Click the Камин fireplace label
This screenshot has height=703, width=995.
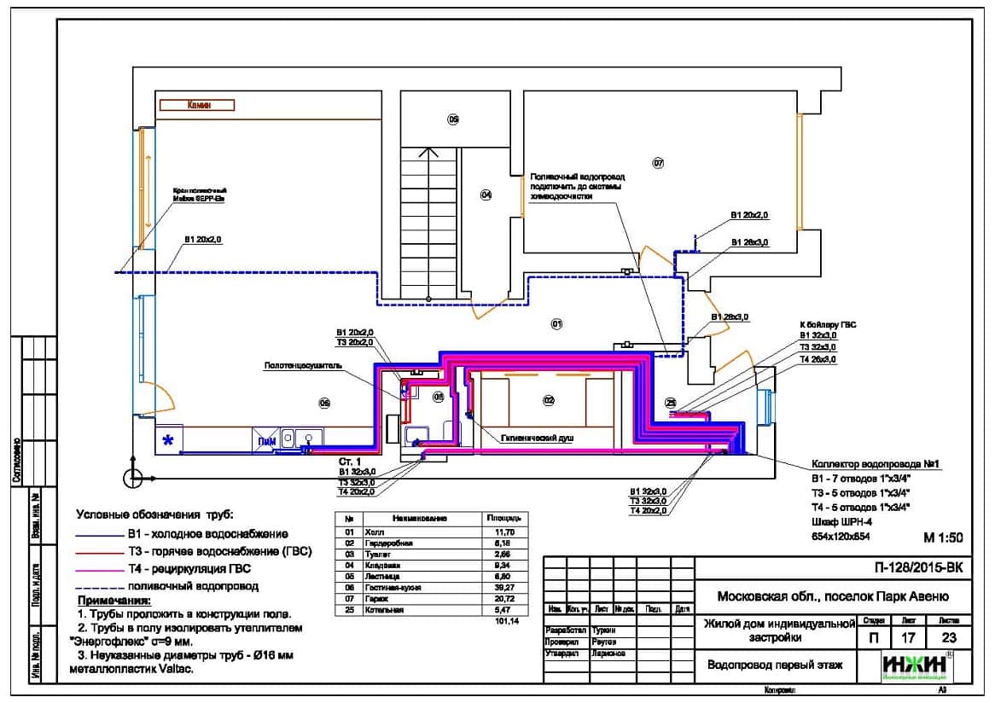[198, 105]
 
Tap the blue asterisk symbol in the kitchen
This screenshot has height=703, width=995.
[169, 440]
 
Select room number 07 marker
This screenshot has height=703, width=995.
[658, 162]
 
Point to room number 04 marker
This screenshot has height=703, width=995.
[486, 195]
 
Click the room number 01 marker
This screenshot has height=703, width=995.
[556, 324]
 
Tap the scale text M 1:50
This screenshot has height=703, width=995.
[943, 537]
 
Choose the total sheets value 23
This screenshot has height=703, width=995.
[947, 636]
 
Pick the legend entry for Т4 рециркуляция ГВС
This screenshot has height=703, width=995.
[194, 568]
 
